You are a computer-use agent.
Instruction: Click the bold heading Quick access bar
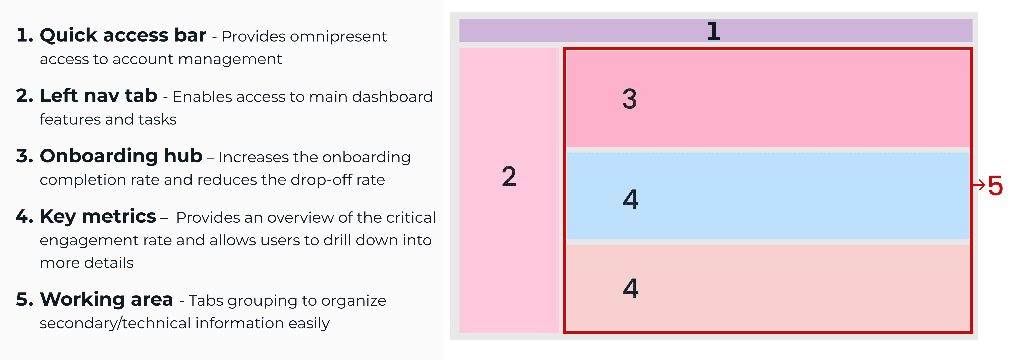point(123,35)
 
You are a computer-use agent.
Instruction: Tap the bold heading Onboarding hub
point(121,156)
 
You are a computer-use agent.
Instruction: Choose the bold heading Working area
point(106,300)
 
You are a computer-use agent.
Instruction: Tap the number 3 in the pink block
point(630,99)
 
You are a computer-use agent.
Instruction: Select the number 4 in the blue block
point(630,199)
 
